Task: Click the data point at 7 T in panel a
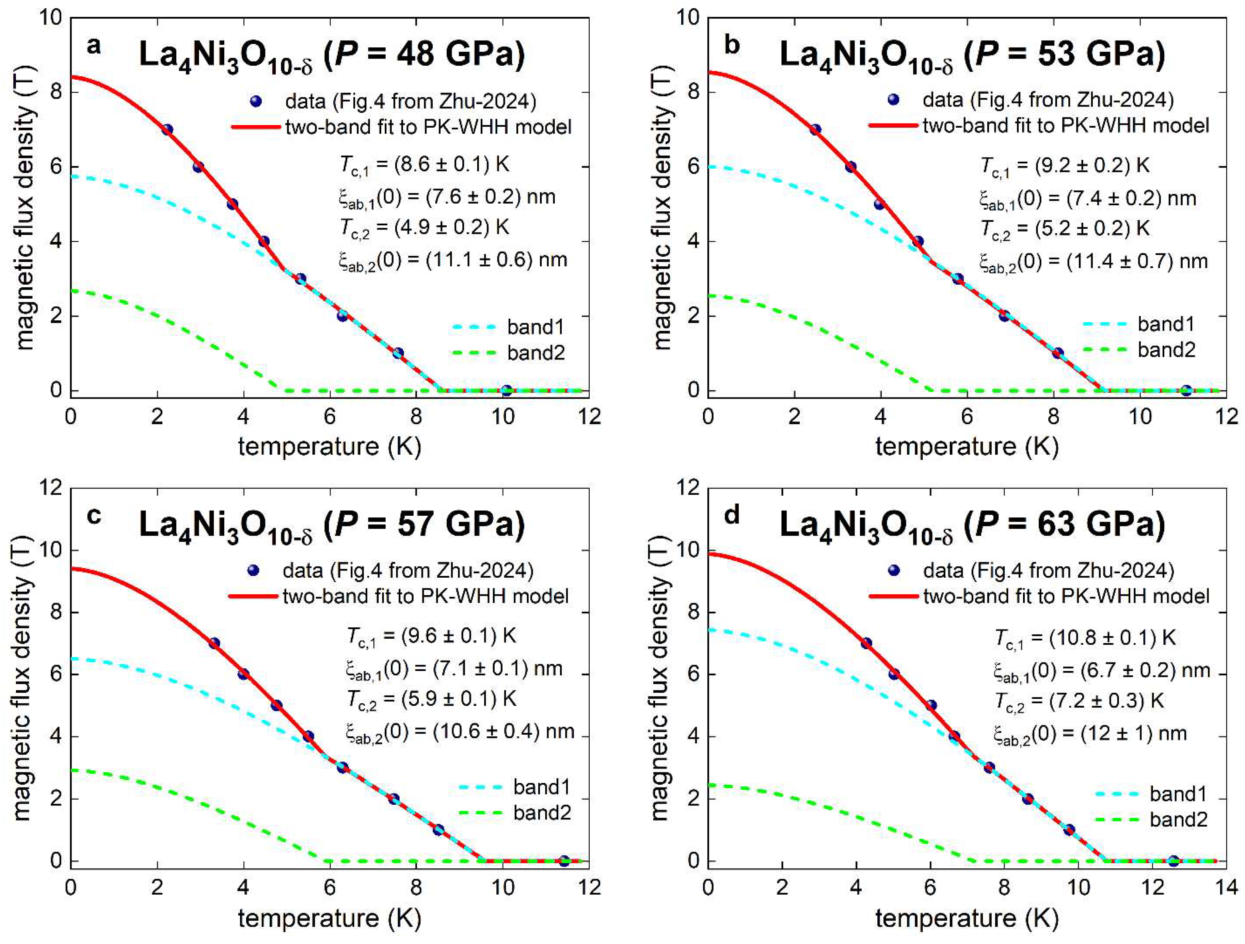pyautogui.click(x=167, y=129)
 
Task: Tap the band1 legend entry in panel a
pyautogui.click(x=535, y=326)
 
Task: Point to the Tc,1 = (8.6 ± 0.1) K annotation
pyautogui.click(x=425, y=165)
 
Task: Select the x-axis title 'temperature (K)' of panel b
pyautogui.click(x=967, y=446)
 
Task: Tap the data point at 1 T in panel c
pyautogui.click(x=438, y=830)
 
